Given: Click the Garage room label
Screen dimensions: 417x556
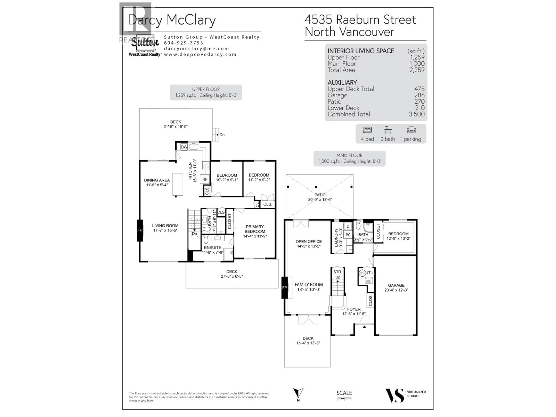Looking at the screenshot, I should (396, 285).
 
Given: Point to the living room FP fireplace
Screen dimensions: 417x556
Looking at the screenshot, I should (140, 230).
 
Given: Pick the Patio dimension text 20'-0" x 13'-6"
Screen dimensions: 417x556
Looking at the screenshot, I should (320, 200).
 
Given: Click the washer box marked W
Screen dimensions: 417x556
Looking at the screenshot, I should (348, 235).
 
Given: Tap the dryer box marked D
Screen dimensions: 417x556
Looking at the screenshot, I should (348, 226).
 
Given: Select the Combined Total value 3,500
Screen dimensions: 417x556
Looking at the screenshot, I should (417, 114).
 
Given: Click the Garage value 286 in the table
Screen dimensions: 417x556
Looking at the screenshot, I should (419, 95).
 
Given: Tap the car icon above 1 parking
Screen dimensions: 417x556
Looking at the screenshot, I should (411, 130).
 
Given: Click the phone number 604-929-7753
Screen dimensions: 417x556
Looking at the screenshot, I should (183, 43).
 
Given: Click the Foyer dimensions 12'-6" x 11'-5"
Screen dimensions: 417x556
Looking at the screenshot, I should (354, 314).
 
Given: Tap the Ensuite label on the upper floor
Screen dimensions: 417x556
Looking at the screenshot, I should (212, 248).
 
